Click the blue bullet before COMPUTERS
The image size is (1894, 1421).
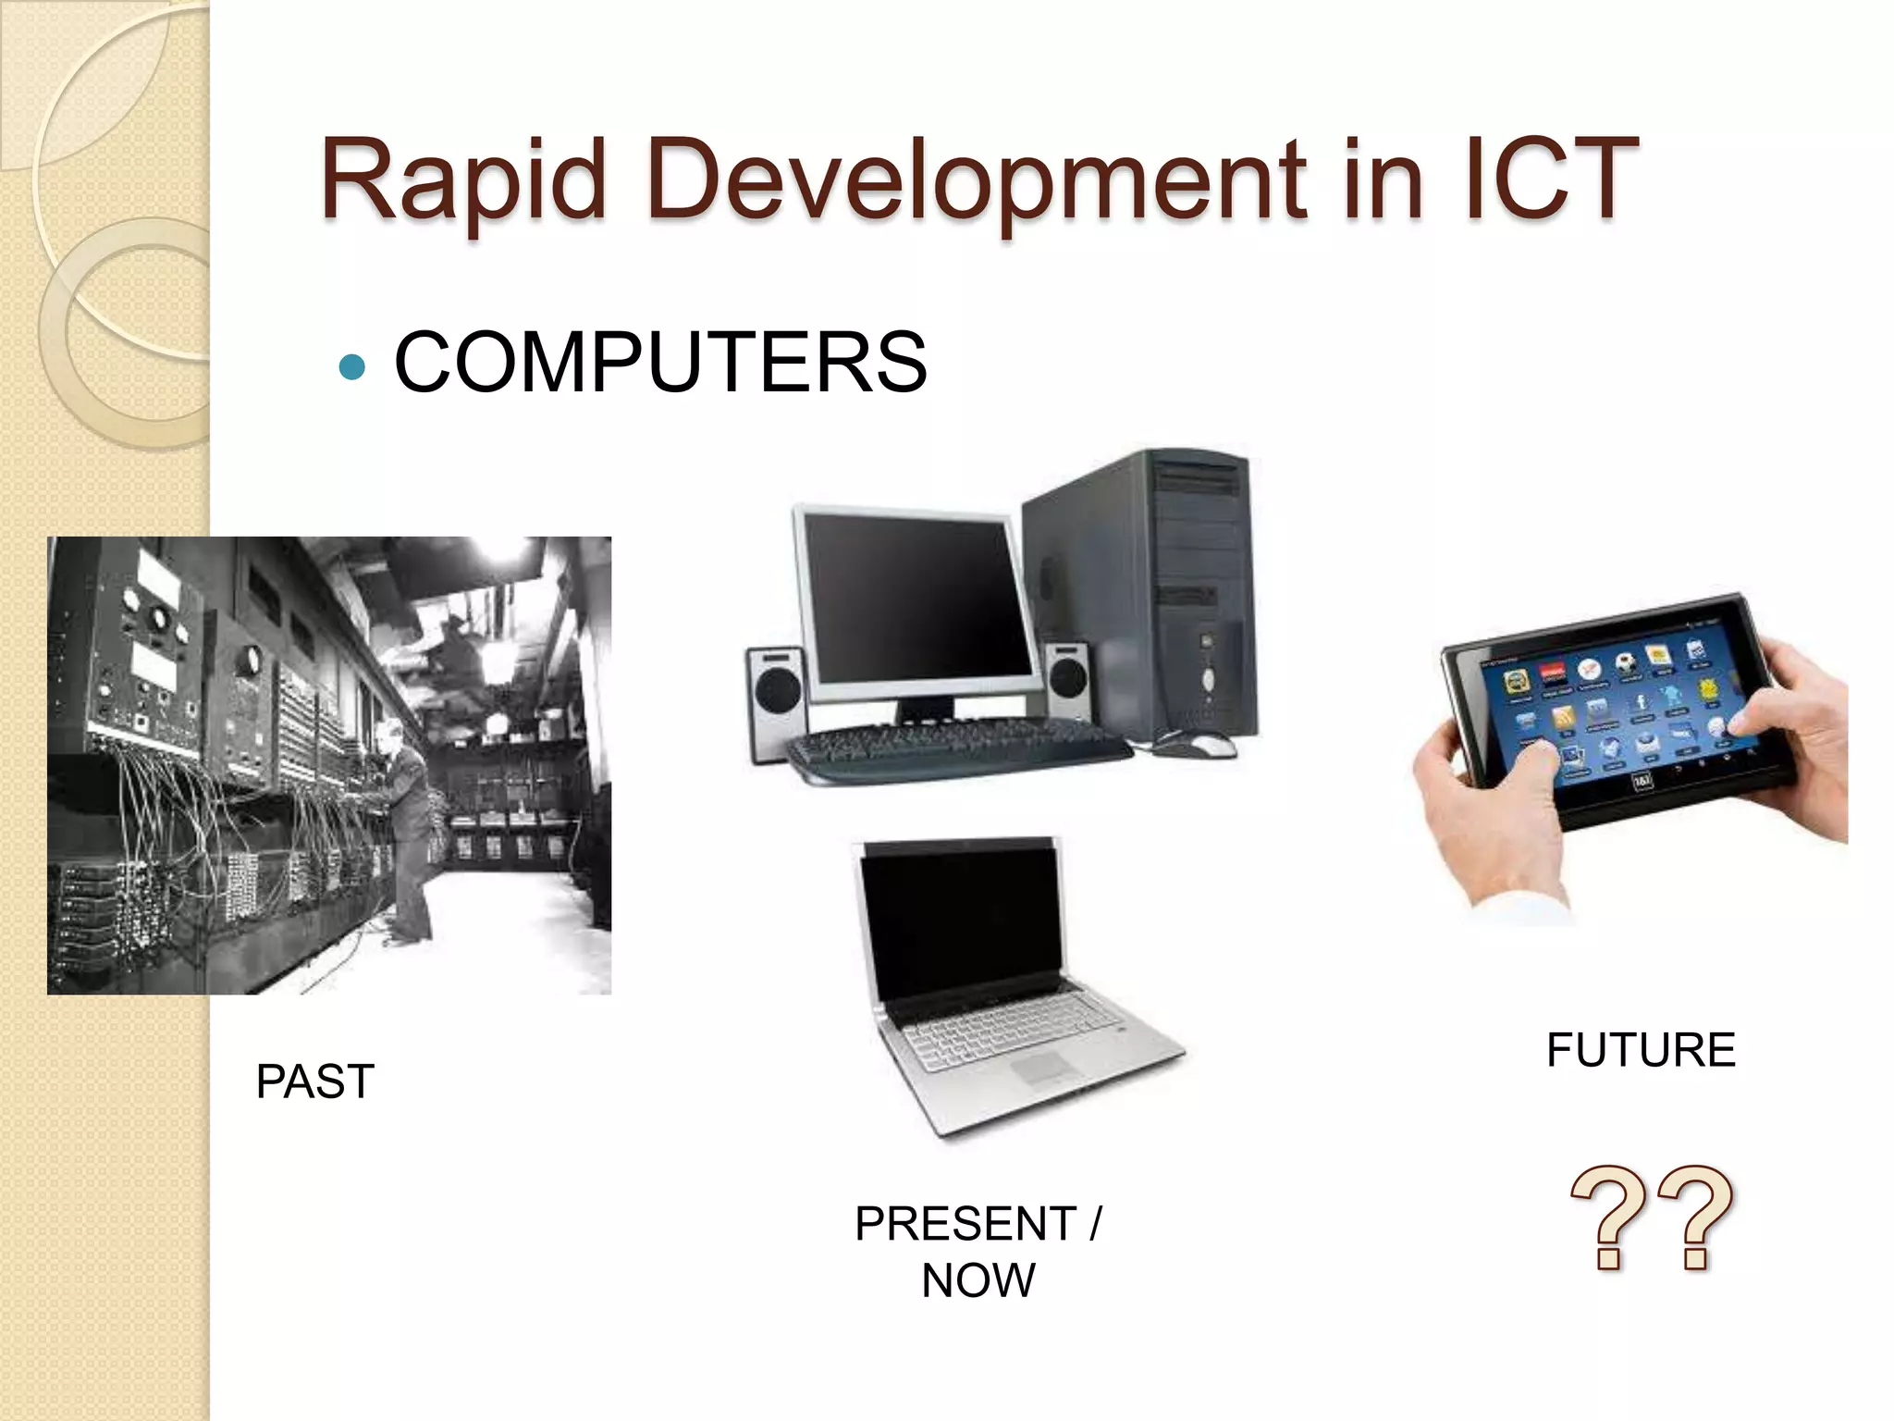(352, 367)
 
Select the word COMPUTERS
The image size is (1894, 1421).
(660, 363)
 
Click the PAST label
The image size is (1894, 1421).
(314, 1081)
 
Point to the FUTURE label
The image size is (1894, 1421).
(1641, 1050)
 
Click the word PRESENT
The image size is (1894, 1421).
(965, 1224)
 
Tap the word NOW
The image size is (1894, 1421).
(978, 1281)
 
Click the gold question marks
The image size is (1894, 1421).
(1653, 1217)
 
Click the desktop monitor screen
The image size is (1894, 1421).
(916, 597)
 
